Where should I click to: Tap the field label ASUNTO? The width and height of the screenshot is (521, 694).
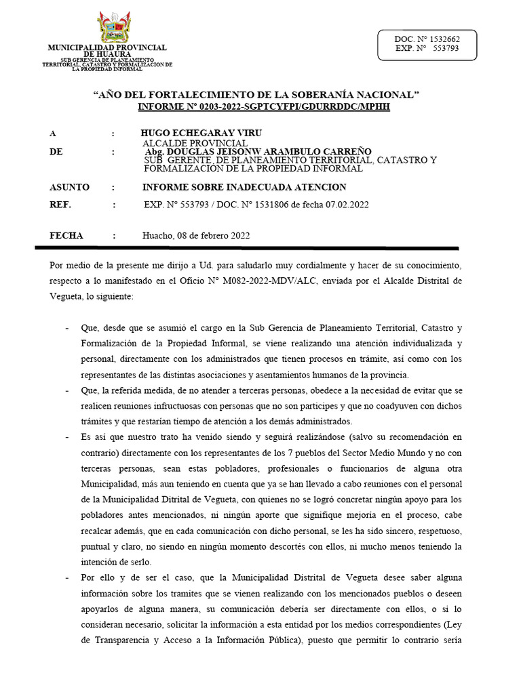pyautogui.click(x=70, y=187)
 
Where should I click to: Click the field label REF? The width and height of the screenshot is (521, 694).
pyautogui.click(x=60, y=205)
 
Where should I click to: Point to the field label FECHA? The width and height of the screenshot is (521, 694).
pyautogui.click(x=66, y=236)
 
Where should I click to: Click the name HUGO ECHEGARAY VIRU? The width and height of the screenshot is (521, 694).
pyautogui.click(x=201, y=133)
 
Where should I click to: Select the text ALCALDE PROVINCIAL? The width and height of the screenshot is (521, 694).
pyautogui.click(x=194, y=143)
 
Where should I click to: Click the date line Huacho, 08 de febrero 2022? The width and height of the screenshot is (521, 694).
pyautogui.click(x=196, y=236)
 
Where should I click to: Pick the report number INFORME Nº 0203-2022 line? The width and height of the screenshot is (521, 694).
pyautogui.click(x=264, y=107)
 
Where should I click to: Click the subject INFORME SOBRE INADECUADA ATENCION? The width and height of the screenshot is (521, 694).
pyautogui.click(x=244, y=187)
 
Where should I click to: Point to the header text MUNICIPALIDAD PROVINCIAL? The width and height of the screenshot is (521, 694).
pyautogui.click(x=107, y=47)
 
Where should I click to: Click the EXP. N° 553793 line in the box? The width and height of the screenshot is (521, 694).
pyautogui.click(x=427, y=49)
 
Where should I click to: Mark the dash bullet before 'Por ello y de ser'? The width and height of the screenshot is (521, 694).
pyautogui.click(x=67, y=577)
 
